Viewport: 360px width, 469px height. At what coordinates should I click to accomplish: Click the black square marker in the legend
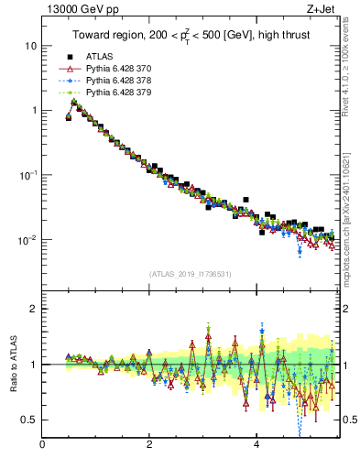[x=69, y=57]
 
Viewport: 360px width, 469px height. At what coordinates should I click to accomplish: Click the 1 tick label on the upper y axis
[x=34, y=111]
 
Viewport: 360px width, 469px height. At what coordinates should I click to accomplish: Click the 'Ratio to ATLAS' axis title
[x=12, y=363]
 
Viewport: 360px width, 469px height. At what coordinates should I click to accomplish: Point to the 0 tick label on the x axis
[x=42, y=446]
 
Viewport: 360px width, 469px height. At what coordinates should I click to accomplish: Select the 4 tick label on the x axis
[x=256, y=446]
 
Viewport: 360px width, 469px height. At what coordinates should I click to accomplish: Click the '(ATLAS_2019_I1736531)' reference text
[x=190, y=274]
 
